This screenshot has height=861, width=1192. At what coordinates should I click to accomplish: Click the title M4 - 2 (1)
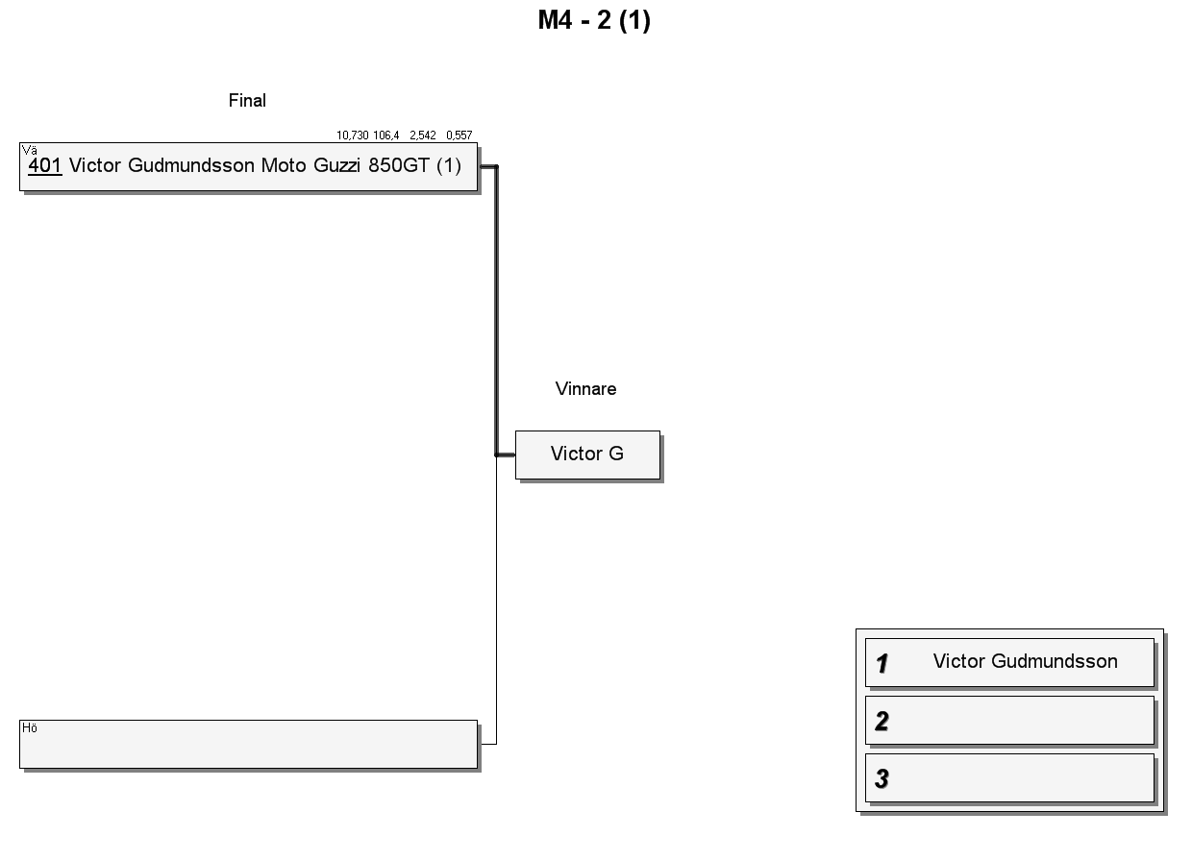[594, 20]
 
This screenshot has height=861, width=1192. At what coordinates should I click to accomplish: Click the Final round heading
[247, 101]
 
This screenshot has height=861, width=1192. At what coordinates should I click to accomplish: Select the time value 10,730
[352, 135]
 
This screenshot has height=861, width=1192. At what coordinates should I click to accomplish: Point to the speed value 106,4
[385, 135]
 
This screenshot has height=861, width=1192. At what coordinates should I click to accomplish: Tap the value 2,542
[423, 135]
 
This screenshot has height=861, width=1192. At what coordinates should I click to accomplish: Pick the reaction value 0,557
[459, 135]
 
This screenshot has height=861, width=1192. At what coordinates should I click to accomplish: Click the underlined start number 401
[44, 165]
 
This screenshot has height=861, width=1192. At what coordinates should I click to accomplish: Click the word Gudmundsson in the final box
[191, 165]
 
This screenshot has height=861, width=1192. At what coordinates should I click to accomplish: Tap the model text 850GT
[399, 165]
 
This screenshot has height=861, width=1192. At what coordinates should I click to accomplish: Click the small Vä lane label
[29, 150]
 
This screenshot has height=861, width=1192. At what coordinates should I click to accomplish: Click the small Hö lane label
[29, 727]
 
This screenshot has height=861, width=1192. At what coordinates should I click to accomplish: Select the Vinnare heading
[585, 389]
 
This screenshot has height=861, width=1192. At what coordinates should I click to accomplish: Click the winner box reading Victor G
[587, 455]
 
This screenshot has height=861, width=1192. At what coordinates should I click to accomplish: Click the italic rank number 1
[882, 663]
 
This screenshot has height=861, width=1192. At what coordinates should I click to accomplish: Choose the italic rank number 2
[882, 721]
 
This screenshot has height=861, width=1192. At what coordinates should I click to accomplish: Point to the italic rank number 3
[882, 778]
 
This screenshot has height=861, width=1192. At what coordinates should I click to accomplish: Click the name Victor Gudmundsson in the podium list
[1025, 661]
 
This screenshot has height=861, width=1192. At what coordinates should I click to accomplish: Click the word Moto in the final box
[283, 165]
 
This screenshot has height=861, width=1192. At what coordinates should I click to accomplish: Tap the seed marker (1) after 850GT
[449, 165]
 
